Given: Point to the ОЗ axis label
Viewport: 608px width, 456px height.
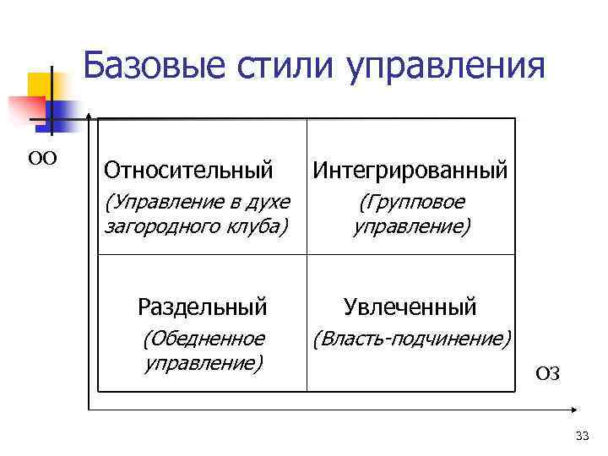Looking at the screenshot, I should (547, 374).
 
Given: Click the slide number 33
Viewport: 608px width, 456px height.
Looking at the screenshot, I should (581, 436).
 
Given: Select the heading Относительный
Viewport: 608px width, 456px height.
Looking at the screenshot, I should (188, 171).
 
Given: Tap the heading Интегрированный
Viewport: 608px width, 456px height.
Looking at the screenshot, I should (410, 171).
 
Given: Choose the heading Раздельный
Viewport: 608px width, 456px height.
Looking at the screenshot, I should (203, 306).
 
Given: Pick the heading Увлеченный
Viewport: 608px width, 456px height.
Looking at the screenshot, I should (410, 306).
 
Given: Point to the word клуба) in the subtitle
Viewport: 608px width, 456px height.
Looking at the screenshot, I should (259, 226).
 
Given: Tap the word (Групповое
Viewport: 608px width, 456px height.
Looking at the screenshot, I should (411, 204).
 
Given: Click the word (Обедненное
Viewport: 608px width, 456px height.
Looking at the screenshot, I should (203, 339).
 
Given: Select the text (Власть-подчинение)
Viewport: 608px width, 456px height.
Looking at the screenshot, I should (411, 339).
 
